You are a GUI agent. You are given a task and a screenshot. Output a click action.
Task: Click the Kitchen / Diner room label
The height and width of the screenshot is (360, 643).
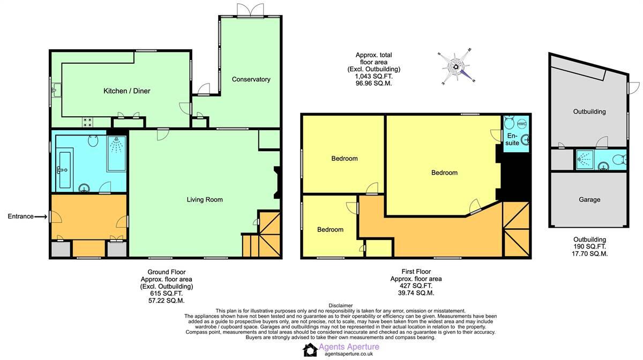coord(126,91)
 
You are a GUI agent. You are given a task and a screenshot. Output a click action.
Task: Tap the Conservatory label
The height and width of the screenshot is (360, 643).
coord(251,79)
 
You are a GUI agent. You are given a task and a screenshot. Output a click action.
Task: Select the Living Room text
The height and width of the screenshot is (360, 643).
coord(204,200)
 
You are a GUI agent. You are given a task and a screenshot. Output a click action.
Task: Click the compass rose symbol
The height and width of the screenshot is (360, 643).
coord(457,67)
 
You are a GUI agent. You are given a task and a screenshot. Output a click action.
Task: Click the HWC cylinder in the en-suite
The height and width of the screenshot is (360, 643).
coord(522,124)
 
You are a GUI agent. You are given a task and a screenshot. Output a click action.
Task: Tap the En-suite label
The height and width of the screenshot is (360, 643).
coord(512,140)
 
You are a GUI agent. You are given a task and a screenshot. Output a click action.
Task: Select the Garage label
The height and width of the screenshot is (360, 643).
coord(589,199)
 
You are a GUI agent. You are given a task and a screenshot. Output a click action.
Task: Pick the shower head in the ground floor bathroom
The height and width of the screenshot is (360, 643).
coord(116,144)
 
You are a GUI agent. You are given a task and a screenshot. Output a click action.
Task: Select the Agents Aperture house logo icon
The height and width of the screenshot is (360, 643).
coord(310,350)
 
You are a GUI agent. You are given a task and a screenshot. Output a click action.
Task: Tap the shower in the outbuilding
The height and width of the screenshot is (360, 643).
coord(584,159)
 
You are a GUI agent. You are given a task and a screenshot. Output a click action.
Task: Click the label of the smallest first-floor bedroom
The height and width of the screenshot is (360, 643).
coord(330,229)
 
